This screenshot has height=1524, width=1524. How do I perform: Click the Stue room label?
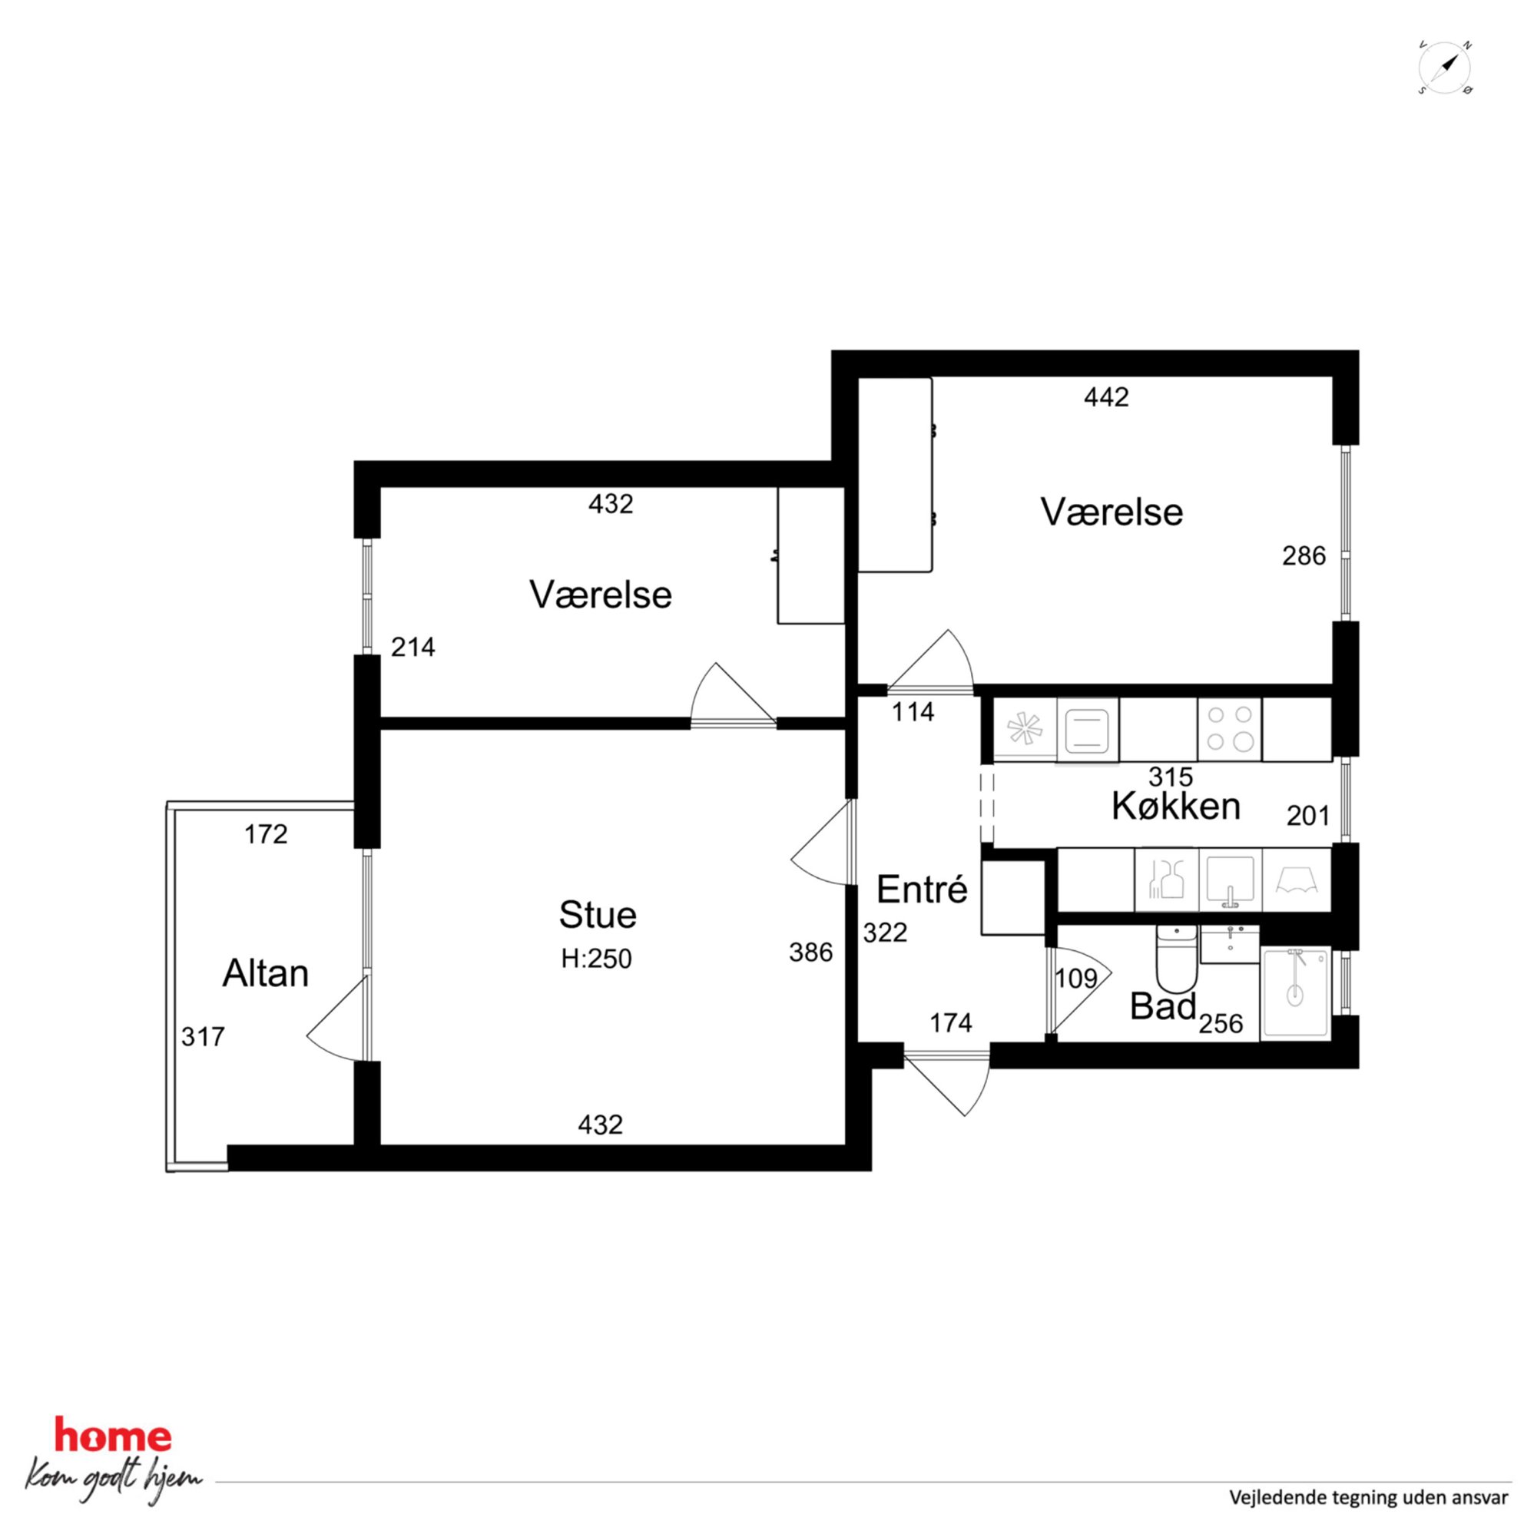click(597, 915)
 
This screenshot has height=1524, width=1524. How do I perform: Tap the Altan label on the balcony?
click(265, 973)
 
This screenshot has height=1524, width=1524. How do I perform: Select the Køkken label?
click(1176, 807)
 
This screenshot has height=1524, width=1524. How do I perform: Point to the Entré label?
click(921, 890)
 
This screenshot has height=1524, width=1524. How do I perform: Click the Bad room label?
click(1164, 1006)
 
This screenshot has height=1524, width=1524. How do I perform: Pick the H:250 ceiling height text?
click(596, 959)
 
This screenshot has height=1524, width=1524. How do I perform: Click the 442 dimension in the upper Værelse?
click(1106, 397)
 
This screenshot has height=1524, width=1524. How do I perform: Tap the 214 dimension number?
click(412, 647)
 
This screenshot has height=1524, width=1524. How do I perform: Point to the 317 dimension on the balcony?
click(203, 1035)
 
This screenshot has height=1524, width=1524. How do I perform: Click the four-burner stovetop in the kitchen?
click(1230, 729)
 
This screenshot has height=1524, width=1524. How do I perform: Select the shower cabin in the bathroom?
click(1295, 993)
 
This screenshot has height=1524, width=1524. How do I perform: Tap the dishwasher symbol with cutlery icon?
click(1166, 880)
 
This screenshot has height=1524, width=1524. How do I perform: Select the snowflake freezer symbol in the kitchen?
click(1025, 729)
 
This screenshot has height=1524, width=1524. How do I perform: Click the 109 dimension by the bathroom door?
click(1076, 979)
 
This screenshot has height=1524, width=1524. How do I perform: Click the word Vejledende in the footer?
click(1273, 1497)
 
